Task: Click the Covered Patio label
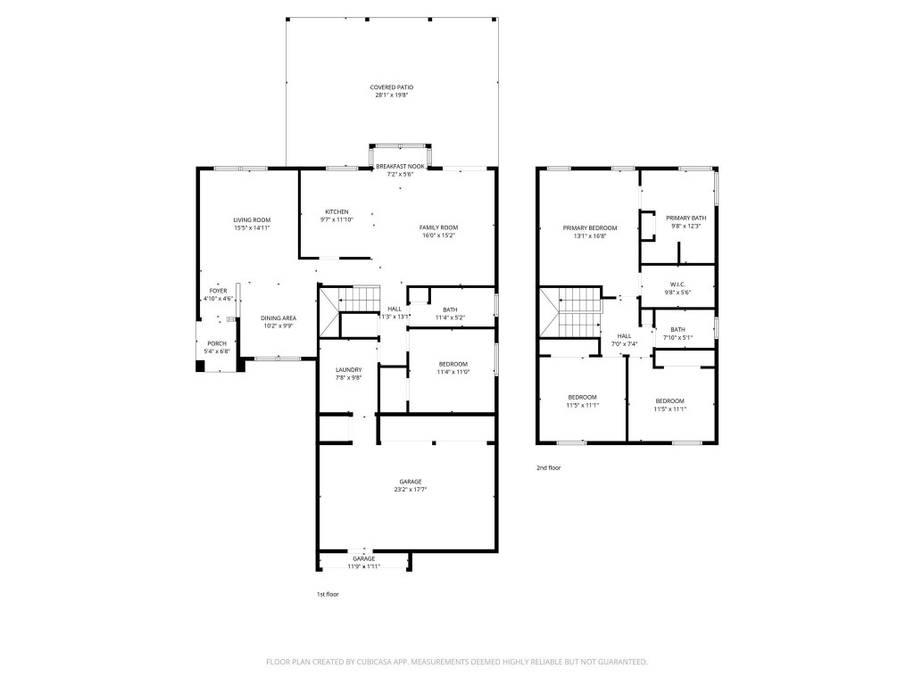[x=392, y=87]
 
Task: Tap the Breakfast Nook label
[x=399, y=167]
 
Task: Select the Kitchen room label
[x=336, y=211]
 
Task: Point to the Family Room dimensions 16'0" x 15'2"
[x=438, y=235]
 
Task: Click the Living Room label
[x=252, y=219]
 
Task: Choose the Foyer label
[x=218, y=291]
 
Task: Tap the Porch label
[x=218, y=343]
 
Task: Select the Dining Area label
[x=278, y=318]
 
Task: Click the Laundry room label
[x=348, y=370]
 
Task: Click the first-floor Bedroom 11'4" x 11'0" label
[x=452, y=363]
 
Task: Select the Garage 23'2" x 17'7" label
[x=411, y=482]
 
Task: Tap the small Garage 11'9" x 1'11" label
[x=363, y=558]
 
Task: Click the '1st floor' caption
[x=327, y=594]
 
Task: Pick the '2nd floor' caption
[x=549, y=467]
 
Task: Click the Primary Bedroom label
[x=589, y=228]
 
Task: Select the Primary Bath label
[x=685, y=219]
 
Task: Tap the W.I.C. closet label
[x=676, y=285]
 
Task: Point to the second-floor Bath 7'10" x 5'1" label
[x=677, y=330]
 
